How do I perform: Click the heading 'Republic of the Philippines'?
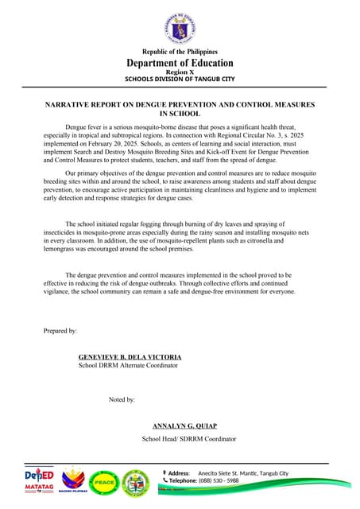[180, 52]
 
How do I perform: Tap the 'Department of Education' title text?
[180, 63]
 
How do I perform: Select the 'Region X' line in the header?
[180, 72]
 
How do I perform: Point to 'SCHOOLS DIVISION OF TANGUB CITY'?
[180, 80]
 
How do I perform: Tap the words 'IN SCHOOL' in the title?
[180, 115]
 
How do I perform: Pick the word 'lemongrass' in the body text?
[63, 250]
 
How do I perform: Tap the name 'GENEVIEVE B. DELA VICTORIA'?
[130, 357]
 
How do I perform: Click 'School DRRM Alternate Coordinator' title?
[127, 366]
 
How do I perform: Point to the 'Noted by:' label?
[122, 399]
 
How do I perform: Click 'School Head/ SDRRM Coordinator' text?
[188, 439]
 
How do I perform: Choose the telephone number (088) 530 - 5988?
[218, 481]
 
